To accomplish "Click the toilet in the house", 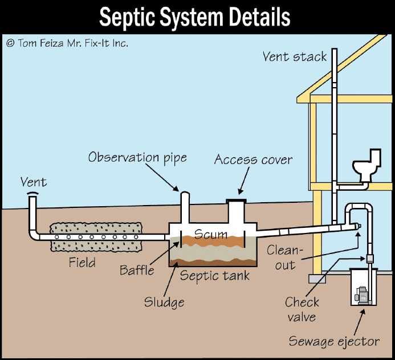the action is [x=367, y=165].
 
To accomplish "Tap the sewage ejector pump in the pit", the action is [x=363, y=296].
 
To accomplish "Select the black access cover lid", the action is [x=237, y=201].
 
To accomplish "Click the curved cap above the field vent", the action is [x=33, y=193].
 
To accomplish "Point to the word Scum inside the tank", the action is [x=211, y=234].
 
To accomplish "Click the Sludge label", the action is [x=164, y=302].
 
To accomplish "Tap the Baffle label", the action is [x=137, y=270].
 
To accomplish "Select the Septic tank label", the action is [x=215, y=276].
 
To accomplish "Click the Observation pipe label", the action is [x=137, y=158].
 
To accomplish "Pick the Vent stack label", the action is [x=295, y=56].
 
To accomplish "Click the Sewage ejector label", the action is [x=334, y=342].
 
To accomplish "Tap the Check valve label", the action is [x=302, y=309].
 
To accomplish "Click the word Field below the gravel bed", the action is [x=82, y=263].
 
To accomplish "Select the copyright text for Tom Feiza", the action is [x=67, y=43].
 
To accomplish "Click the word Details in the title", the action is [x=259, y=17].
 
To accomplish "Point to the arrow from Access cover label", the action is [x=244, y=181].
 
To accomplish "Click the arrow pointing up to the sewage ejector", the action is [x=359, y=322].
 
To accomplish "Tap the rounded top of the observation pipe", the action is [x=185, y=194].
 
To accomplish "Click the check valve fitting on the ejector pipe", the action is [x=369, y=258].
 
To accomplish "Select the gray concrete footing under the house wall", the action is [x=317, y=279].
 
